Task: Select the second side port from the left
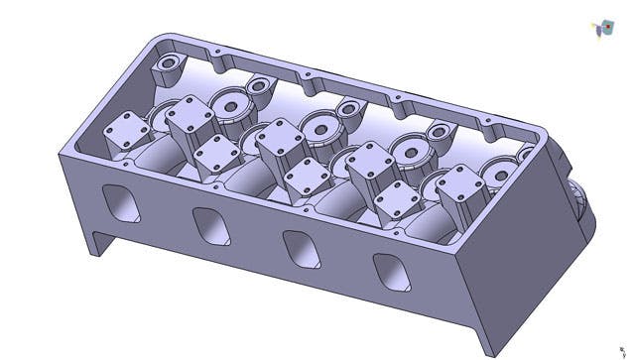pyautogui.click(x=212, y=226)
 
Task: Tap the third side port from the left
pyautogui.click(x=301, y=248)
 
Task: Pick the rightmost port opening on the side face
pyautogui.click(x=389, y=271)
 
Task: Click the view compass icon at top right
pyautogui.click(x=600, y=30)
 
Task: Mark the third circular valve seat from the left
pyautogui.click(x=410, y=149)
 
